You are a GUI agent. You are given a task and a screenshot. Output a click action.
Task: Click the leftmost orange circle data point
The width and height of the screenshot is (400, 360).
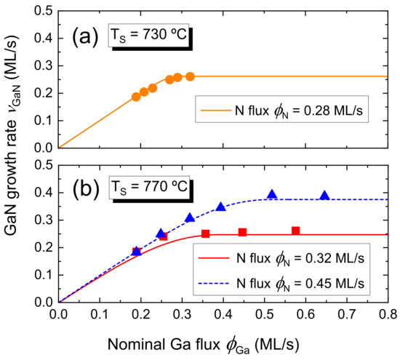click(x=136, y=97)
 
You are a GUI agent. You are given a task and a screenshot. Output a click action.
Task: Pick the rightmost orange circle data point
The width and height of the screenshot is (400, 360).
click(x=190, y=76)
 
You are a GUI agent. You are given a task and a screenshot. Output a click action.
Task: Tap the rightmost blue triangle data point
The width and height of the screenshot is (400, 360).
click(x=324, y=195)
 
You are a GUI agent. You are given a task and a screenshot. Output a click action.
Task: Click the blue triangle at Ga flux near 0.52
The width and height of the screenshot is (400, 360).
click(x=272, y=194)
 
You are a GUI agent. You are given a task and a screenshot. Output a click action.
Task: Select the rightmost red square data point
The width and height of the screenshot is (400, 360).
click(x=295, y=231)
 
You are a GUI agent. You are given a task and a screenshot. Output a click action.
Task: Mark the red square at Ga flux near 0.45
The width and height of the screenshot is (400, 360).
click(x=242, y=232)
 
